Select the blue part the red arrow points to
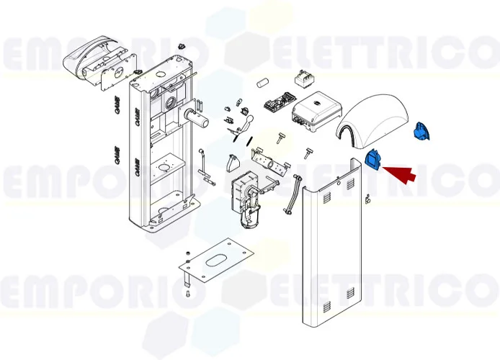[375, 159]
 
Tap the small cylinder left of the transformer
[262, 80]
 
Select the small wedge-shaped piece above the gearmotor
[233, 163]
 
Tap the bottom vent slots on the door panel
[350, 294]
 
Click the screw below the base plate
[186, 294]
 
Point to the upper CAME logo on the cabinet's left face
[135, 115]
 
